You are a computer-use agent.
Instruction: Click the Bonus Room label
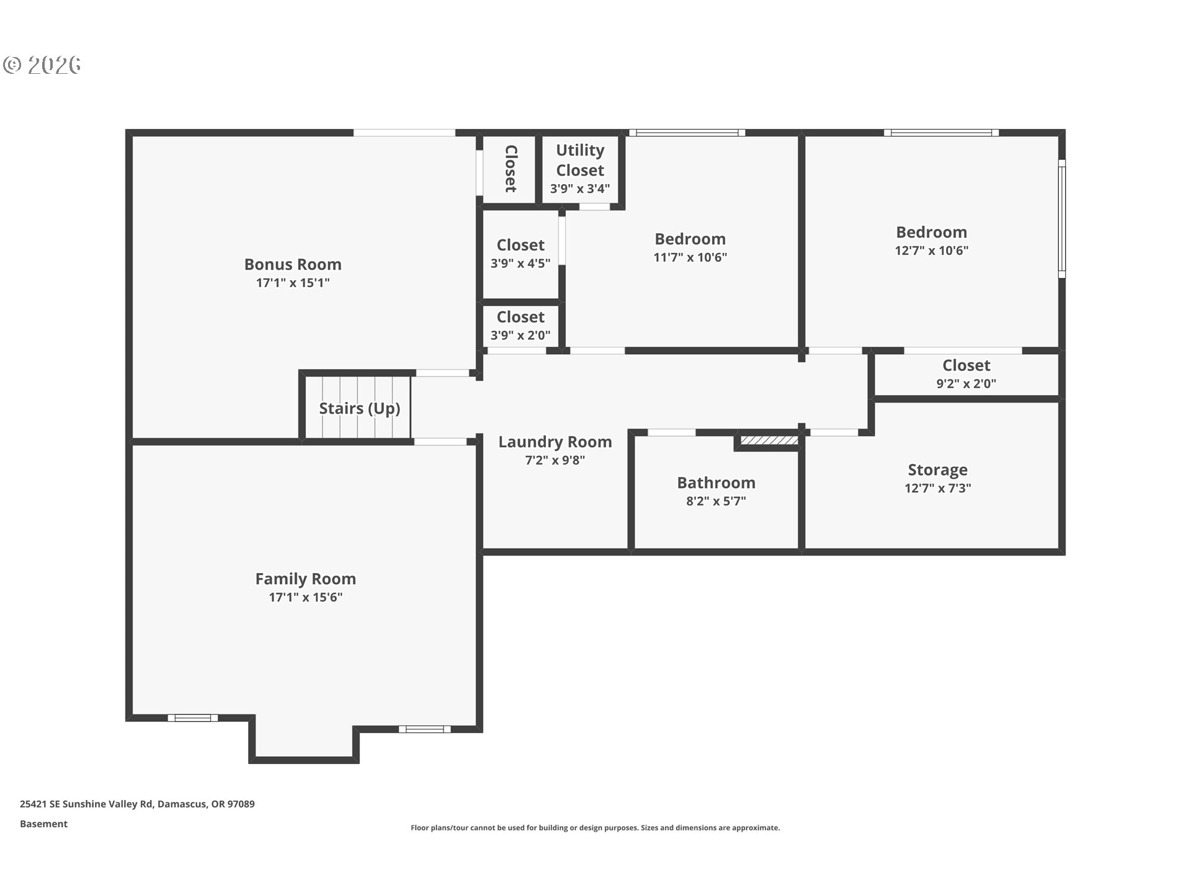click(293, 264)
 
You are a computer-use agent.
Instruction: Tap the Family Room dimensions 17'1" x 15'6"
click(306, 597)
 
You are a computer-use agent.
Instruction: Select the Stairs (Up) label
click(360, 408)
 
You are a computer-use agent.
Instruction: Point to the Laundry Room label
click(555, 442)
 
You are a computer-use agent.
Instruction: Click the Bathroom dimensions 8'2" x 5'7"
click(716, 501)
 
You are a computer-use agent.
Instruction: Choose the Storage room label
click(938, 470)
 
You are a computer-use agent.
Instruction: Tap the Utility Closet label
click(580, 160)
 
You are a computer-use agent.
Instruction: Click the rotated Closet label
click(511, 169)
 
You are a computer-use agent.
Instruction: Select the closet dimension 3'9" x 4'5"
click(520, 264)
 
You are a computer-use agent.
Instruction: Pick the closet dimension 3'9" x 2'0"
click(520, 335)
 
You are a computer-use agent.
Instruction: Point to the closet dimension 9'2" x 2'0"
click(966, 384)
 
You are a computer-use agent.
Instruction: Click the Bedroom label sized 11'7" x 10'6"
click(690, 239)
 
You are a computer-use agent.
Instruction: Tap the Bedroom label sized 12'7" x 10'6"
click(932, 232)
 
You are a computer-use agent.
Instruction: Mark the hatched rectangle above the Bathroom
click(769, 440)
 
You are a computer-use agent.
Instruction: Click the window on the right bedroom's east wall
click(1061, 218)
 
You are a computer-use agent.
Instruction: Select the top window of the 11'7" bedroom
click(687, 132)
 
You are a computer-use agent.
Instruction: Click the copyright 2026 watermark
click(42, 64)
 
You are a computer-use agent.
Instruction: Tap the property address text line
click(137, 804)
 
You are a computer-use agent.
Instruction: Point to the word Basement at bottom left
click(43, 824)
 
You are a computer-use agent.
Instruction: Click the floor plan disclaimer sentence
click(595, 828)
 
